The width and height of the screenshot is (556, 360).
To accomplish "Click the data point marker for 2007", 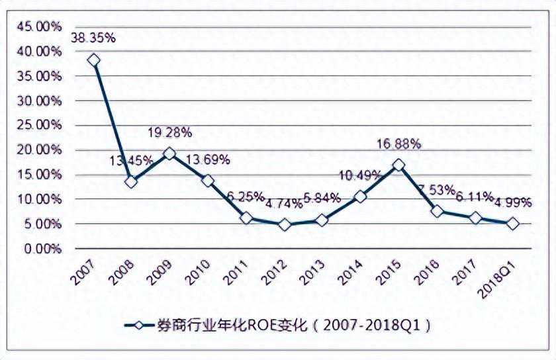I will pos(93,60).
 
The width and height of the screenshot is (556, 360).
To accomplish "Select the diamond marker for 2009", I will pos(169,154).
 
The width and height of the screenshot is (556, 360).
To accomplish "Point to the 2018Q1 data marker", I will pos(513,224).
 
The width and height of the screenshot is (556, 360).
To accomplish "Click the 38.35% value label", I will pos(93,38).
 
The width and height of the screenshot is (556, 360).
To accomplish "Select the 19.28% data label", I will pos(169,132).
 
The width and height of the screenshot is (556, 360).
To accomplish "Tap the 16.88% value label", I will pos(398,144).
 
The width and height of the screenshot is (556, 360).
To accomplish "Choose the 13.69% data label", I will pos(208,159).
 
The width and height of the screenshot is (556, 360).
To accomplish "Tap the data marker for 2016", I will pos(437,212).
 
